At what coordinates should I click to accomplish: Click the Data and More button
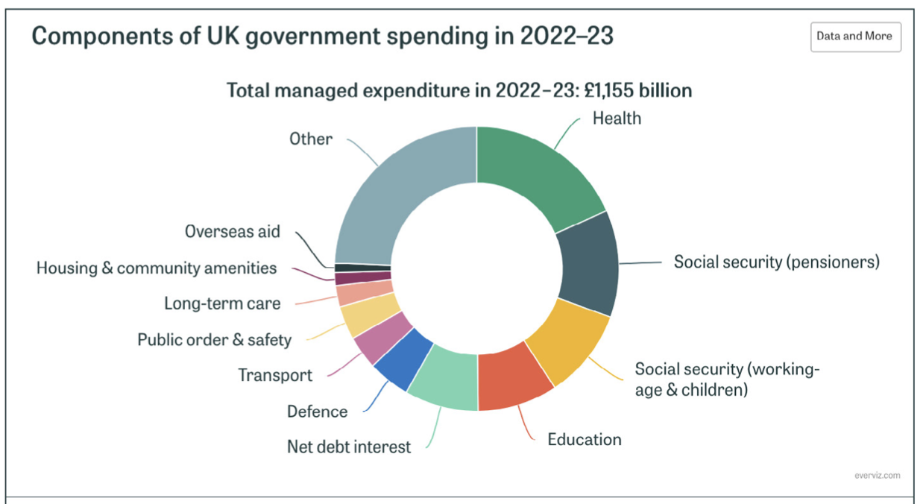tap(855, 37)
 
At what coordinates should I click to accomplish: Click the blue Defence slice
tap(403, 359)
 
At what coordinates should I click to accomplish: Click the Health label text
tap(617, 118)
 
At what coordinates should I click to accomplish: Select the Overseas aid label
tap(233, 232)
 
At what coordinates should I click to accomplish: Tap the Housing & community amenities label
tap(157, 268)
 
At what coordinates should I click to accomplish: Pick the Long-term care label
tap(222, 303)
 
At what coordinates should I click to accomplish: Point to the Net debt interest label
tap(349, 447)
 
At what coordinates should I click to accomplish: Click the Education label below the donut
tap(585, 439)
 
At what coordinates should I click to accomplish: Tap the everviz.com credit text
tap(878, 475)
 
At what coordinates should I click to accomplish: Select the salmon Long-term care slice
tap(365, 292)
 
